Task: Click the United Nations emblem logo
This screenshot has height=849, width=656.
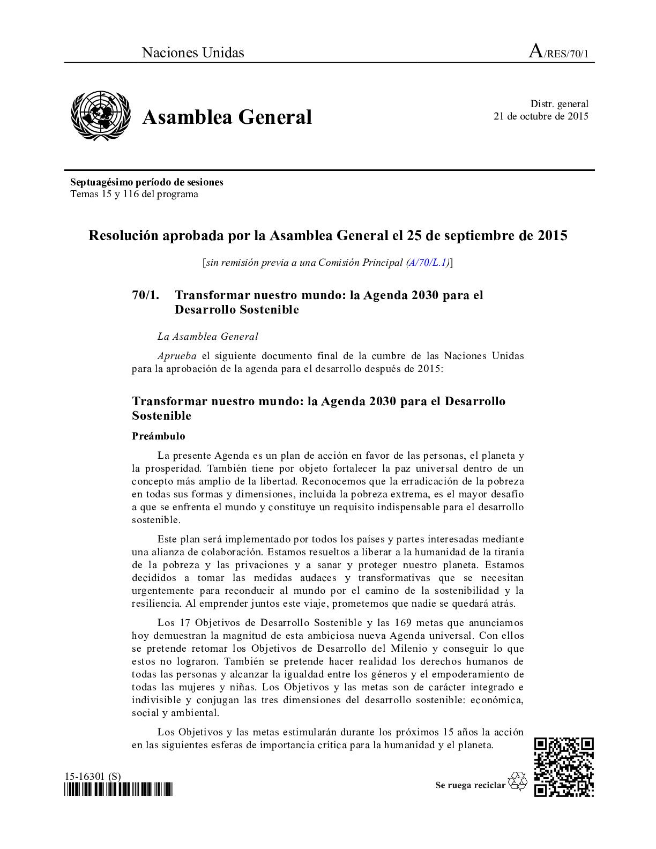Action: click(x=101, y=116)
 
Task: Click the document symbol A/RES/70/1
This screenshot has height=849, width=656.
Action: click(x=558, y=52)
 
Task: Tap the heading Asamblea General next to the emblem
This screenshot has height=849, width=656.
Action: click(x=227, y=117)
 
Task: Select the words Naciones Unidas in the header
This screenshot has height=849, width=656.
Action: click(x=193, y=53)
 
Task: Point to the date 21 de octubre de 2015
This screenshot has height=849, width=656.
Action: click(x=541, y=116)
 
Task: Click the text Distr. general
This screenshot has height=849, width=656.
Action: click(x=559, y=104)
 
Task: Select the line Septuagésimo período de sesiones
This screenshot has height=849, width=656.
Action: click(x=146, y=182)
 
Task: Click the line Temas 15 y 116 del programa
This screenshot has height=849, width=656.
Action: click(x=134, y=194)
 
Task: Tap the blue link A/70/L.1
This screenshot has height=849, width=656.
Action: click(x=428, y=263)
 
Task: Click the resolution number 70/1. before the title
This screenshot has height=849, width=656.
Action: click(x=145, y=295)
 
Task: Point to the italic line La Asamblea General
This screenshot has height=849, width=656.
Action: click(x=207, y=337)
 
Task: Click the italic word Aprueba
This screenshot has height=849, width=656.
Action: click(x=177, y=356)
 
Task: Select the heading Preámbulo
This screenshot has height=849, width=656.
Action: click(x=159, y=436)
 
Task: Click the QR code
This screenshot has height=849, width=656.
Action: click(x=564, y=767)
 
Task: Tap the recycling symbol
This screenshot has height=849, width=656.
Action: click(x=518, y=781)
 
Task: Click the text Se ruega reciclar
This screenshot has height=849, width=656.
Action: click(x=470, y=785)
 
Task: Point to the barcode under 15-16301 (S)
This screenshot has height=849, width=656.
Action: click(x=118, y=790)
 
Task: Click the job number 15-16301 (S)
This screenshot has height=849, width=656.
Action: click(x=93, y=776)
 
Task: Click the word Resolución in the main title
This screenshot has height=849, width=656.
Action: click(x=123, y=236)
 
